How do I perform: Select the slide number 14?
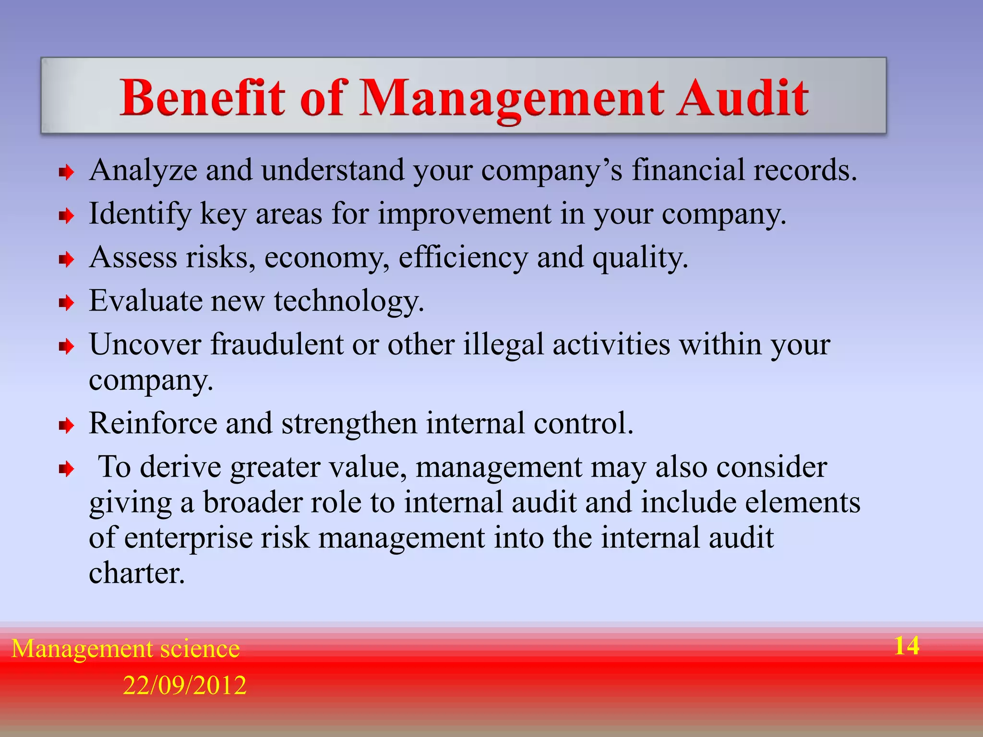tap(907, 646)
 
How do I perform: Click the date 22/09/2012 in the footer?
tap(185, 685)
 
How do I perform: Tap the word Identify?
tap(140, 214)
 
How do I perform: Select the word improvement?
tap(464, 214)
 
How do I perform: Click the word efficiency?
tap(463, 258)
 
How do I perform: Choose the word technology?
tap(349, 302)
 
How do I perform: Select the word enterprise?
tap(189, 538)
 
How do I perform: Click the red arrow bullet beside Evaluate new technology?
tap(66, 303)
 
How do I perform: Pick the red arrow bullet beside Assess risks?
tap(66, 260)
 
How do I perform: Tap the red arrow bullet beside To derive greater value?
tap(66, 469)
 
